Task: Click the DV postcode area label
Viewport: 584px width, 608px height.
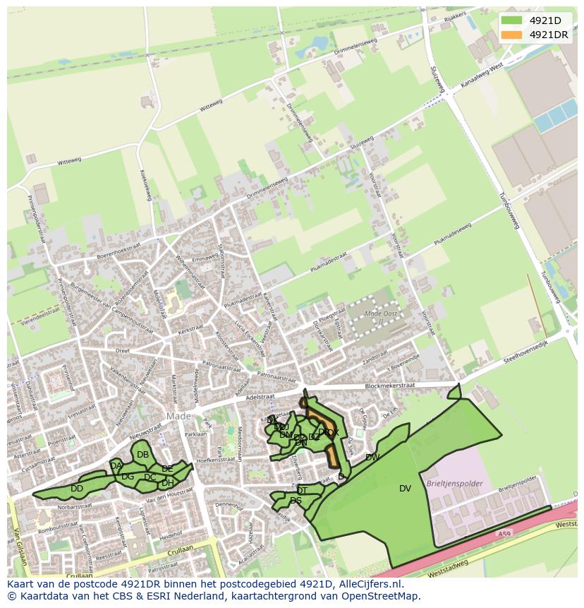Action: (405, 488)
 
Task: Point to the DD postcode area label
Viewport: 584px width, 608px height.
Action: (77, 488)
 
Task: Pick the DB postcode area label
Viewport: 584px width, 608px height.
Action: (142, 454)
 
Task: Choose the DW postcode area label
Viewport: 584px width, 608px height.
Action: (372, 457)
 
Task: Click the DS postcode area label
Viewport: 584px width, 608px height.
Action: (296, 501)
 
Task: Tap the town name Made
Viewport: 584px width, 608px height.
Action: (179, 416)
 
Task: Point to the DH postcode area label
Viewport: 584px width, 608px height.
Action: (167, 483)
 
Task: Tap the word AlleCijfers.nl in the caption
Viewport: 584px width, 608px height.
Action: (368, 584)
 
